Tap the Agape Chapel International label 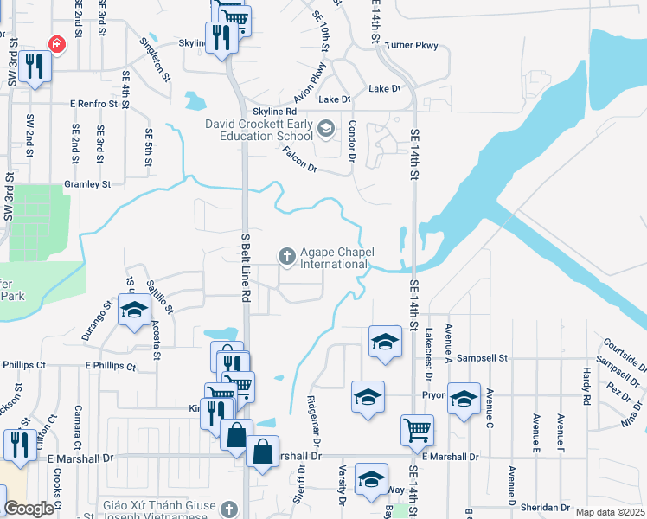pos(336,258)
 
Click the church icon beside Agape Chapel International pos(285,256)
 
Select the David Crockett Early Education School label pos(259,130)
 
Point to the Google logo pos(29,509)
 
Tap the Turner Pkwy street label pos(413,44)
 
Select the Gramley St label pos(87,184)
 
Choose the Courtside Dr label pos(621,351)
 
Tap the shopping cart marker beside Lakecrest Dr pos(417,429)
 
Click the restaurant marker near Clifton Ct pos(17,444)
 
